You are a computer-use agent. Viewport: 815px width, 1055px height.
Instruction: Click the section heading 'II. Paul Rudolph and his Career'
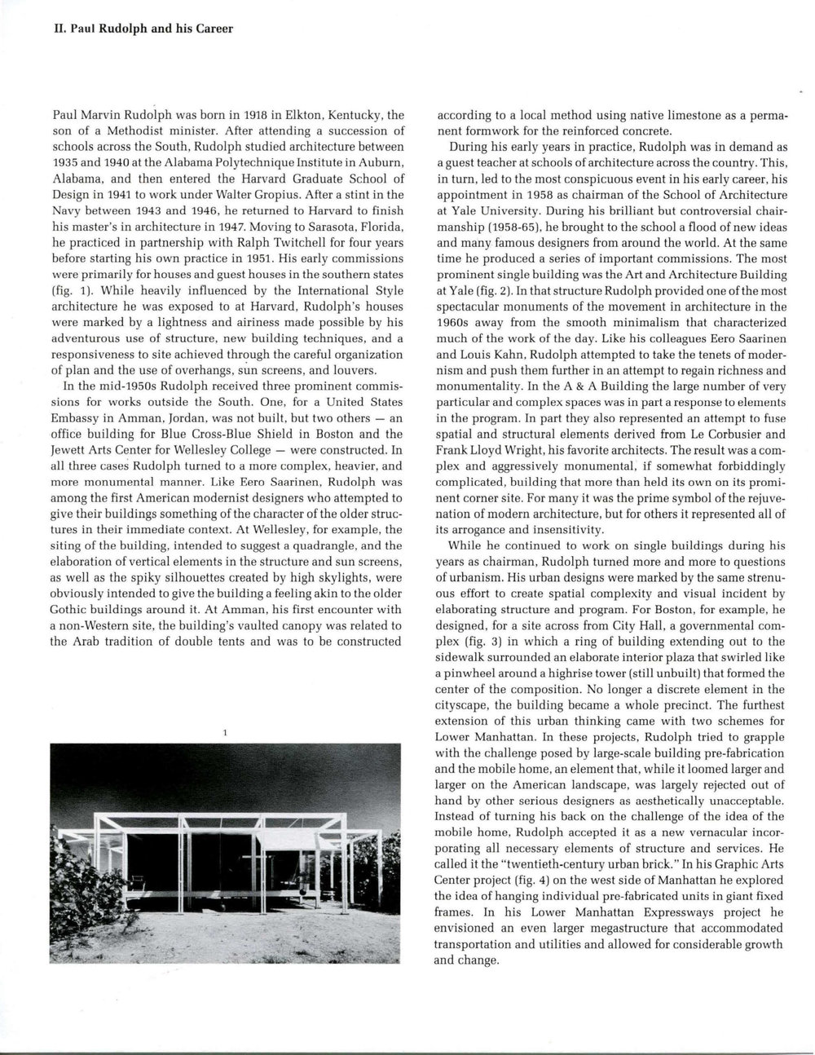131,29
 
